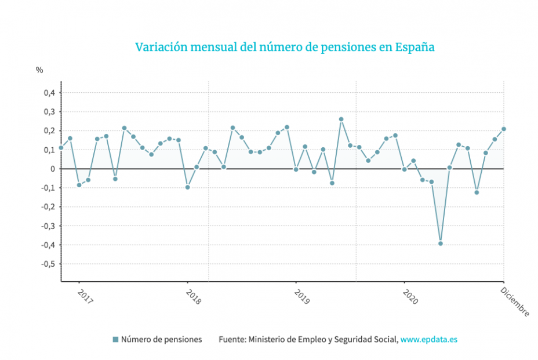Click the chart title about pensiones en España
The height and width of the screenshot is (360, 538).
pyautogui.click(x=285, y=47)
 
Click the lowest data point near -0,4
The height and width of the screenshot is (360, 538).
pyautogui.click(x=441, y=243)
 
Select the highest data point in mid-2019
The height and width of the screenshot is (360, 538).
pyautogui.click(x=341, y=119)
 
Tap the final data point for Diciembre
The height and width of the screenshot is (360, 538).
pyautogui.click(x=504, y=129)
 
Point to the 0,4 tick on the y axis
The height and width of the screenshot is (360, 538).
pyautogui.click(x=50, y=93)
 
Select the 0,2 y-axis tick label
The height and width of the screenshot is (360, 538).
pyautogui.click(x=50, y=130)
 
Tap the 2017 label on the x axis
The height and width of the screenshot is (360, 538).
pyautogui.click(x=85, y=297)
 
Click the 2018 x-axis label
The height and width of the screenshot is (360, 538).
pyautogui.click(x=193, y=297)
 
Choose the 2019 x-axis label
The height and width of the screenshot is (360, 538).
pyautogui.click(x=301, y=297)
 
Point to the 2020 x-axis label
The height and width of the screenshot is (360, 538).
pyautogui.click(x=410, y=297)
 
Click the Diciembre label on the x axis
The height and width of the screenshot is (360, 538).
pyautogui.click(x=515, y=302)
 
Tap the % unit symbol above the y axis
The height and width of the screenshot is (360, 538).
pyautogui.click(x=39, y=70)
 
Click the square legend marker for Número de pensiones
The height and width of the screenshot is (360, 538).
pyautogui.click(x=115, y=340)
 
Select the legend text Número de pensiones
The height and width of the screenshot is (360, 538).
pyautogui.click(x=161, y=340)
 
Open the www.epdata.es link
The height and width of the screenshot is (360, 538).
pyautogui.click(x=428, y=340)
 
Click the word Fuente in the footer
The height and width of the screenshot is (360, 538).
pyautogui.click(x=231, y=340)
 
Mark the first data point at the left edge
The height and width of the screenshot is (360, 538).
pyautogui.click(x=61, y=147)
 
